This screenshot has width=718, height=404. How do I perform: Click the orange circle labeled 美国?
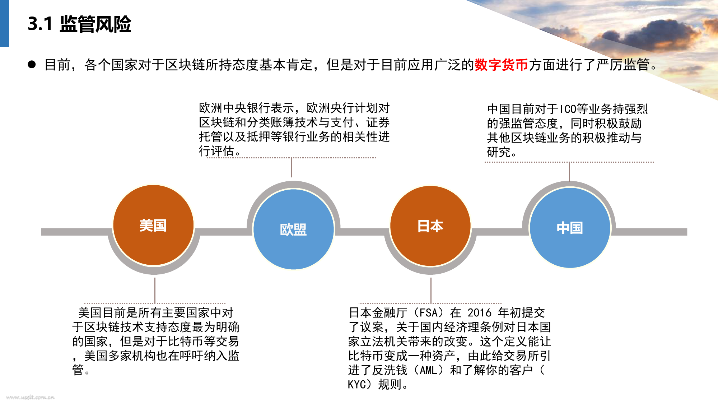point(153,225)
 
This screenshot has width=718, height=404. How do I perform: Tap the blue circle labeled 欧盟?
point(293,229)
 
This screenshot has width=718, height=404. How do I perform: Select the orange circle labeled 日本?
point(430,226)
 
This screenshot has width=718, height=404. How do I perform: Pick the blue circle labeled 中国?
point(570,228)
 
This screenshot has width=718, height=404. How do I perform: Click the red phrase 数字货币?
point(502,65)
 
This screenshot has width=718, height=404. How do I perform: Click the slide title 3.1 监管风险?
point(79,24)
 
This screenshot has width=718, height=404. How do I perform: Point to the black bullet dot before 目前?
point(32,64)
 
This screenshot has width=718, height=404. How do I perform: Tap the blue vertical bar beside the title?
point(4,23)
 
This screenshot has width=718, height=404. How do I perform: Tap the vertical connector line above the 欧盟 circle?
point(292,167)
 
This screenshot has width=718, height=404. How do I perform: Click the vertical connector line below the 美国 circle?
point(155,290)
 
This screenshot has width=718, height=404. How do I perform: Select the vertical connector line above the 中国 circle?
point(569,172)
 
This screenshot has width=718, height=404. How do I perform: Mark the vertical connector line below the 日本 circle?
point(431,290)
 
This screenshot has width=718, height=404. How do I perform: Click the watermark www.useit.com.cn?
point(30,397)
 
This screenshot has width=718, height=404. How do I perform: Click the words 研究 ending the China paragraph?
point(499,152)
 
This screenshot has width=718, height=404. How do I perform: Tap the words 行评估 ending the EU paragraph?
point(216,151)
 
